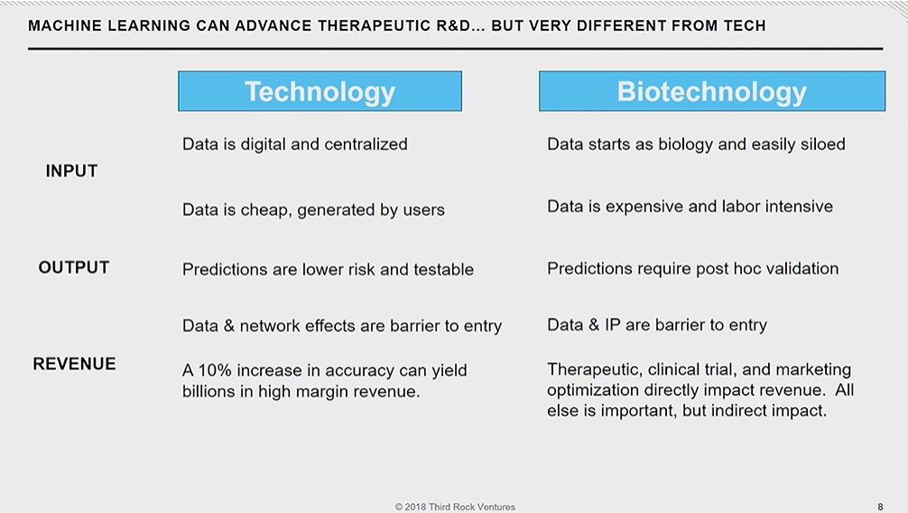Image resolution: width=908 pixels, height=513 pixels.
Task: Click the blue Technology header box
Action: (320, 91)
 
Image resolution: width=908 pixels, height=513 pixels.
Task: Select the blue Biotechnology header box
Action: (712, 91)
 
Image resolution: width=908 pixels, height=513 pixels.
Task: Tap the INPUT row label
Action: (72, 171)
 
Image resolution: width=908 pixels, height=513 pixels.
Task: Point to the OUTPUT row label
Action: (73, 267)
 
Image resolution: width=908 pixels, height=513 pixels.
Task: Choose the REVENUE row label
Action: (74, 363)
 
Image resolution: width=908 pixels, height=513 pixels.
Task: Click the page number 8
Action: (880, 507)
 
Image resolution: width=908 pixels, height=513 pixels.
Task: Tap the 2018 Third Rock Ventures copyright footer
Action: (455, 507)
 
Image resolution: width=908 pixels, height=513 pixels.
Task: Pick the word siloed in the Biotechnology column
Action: (823, 144)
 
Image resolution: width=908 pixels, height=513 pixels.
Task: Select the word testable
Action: (443, 269)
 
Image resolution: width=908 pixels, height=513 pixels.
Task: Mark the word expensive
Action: (644, 207)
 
